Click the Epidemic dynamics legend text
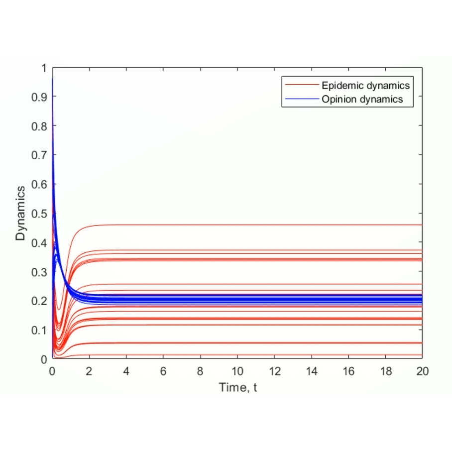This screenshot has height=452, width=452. click(x=365, y=85)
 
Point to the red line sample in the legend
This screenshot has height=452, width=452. click(x=301, y=85)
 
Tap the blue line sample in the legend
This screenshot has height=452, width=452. click(x=301, y=99)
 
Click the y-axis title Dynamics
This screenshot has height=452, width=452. click(x=20, y=213)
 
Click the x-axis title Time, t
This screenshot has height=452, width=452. click(x=237, y=387)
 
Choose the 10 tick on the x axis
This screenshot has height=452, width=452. click(x=237, y=371)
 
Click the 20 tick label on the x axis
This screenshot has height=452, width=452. click(x=422, y=371)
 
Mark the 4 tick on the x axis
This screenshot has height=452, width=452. click(x=126, y=371)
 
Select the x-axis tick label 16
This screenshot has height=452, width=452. click(x=348, y=371)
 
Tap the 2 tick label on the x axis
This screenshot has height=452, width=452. click(x=90, y=371)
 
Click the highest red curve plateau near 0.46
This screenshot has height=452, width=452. click(x=249, y=225)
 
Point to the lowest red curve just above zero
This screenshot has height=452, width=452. click(x=249, y=355)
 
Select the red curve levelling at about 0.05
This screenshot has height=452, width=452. click(x=249, y=343)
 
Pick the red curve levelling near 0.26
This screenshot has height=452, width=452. click(x=249, y=284)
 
